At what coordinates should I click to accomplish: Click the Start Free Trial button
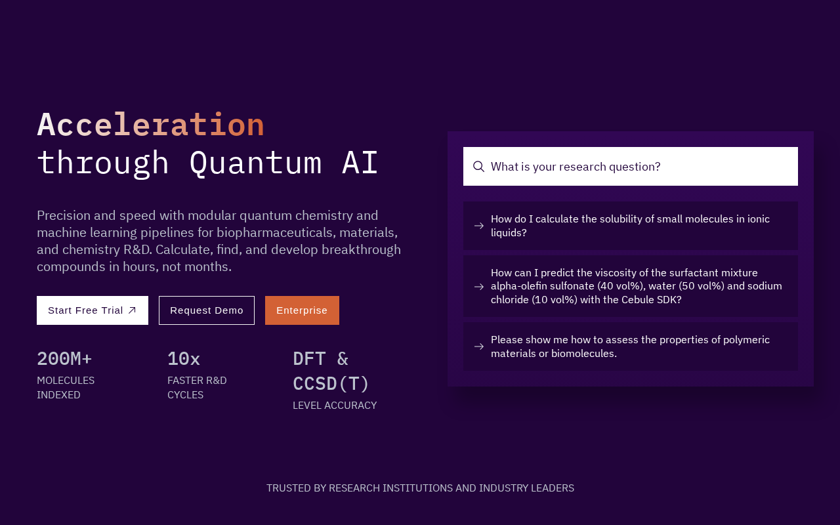tap(93, 310)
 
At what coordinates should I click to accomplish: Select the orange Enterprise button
tap(302, 310)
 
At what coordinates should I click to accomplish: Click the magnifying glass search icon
tap(478, 167)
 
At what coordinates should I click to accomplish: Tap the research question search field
tap(631, 167)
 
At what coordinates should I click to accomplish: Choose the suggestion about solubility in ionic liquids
tap(631, 226)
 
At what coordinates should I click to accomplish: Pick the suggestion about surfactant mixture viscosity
tap(631, 286)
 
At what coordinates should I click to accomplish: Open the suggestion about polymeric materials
tap(631, 346)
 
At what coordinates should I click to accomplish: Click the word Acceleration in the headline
tap(151, 125)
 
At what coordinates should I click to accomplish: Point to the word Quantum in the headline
tap(256, 163)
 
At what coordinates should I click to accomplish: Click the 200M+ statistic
tap(64, 359)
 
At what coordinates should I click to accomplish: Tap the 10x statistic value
tap(184, 359)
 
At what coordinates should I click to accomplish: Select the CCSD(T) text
tap(331, 384)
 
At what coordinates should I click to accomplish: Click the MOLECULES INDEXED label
tap(66, 388)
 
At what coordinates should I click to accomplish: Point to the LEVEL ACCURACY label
tap(335, 406)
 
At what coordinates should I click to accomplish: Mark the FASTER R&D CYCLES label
tap(197, 388)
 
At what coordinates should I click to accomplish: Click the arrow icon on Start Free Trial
tap(132, 310)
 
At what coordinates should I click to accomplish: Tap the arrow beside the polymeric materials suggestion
tap(479, 346)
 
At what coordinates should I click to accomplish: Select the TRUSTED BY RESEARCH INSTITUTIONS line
tap(420, 488)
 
